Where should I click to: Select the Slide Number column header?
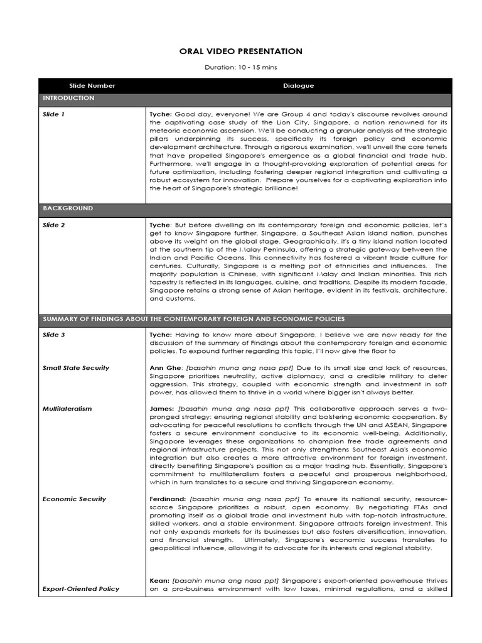[x=92, y=86]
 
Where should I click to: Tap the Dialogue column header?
[x=298, y=86]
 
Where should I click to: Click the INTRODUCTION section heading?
[x=68, y=99]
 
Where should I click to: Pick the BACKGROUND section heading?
[x=68, y=208]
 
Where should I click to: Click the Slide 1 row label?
[x=53, y=115]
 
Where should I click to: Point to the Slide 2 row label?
[x=53, y=225]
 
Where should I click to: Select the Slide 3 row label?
[x=53, y=335]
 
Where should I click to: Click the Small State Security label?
[x=75, y=368]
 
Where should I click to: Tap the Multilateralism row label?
[x=67, y=409]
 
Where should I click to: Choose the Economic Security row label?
[x=74, y=499]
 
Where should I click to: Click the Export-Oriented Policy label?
[x=80, y=589]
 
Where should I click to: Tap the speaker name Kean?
[x=159, y=581]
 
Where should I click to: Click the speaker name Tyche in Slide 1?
[x=161, y=115]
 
